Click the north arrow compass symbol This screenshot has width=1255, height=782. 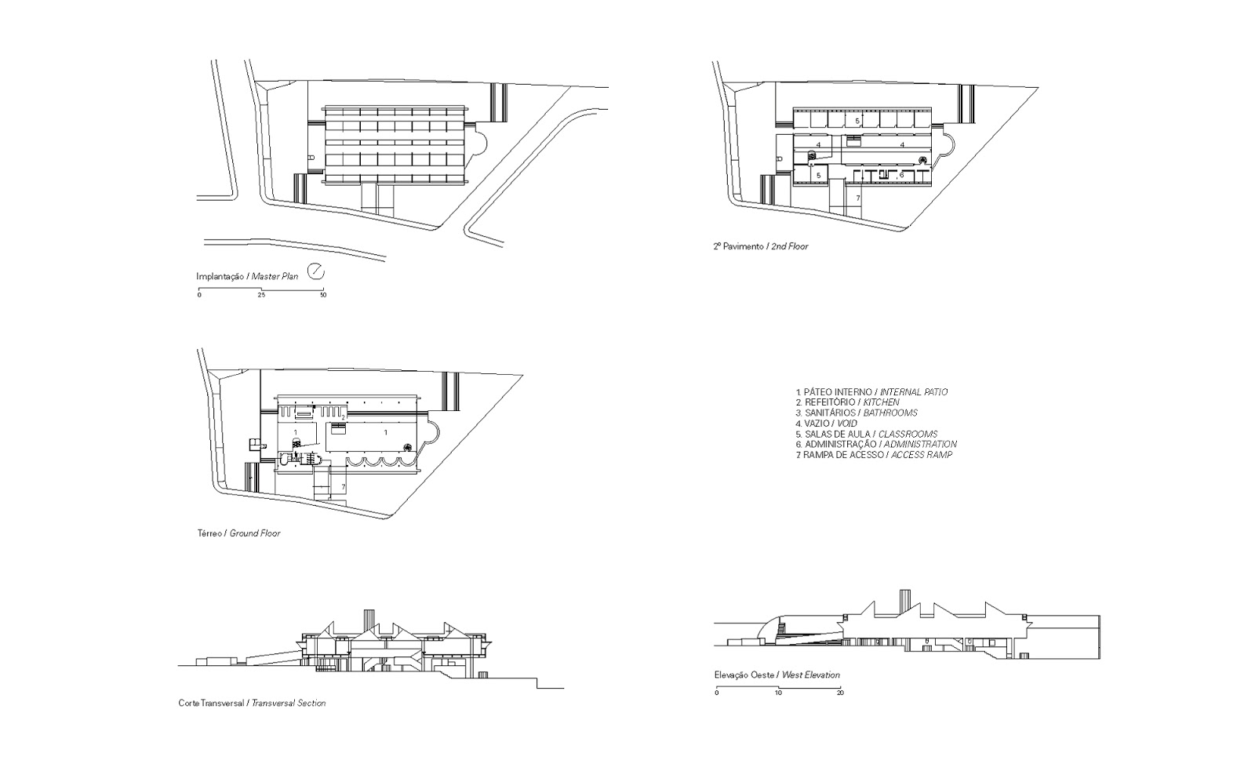pos(316,271)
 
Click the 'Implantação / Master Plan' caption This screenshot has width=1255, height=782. pos(247,277)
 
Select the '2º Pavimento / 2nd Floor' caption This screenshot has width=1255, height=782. pos(760,246)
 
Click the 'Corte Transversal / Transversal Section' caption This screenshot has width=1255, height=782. pos(252,704)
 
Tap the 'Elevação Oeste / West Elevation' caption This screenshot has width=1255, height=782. pos(777,675)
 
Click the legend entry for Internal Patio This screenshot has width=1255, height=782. pos(871,391)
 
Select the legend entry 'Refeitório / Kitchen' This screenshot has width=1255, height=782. pos(847,402)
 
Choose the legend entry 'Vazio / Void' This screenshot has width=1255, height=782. pos(826,424)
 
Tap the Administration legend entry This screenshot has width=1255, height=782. pos(875,444)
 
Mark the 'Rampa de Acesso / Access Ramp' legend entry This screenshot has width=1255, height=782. pos(873,455)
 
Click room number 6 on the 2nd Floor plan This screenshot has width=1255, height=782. pos(901,174)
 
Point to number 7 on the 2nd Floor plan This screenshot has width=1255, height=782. pos(858,198)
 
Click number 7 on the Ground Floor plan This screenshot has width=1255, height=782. pos(343,487)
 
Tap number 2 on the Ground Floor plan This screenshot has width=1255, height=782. pos(343,416)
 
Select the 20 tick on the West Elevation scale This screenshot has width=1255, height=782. pos(840,693)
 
